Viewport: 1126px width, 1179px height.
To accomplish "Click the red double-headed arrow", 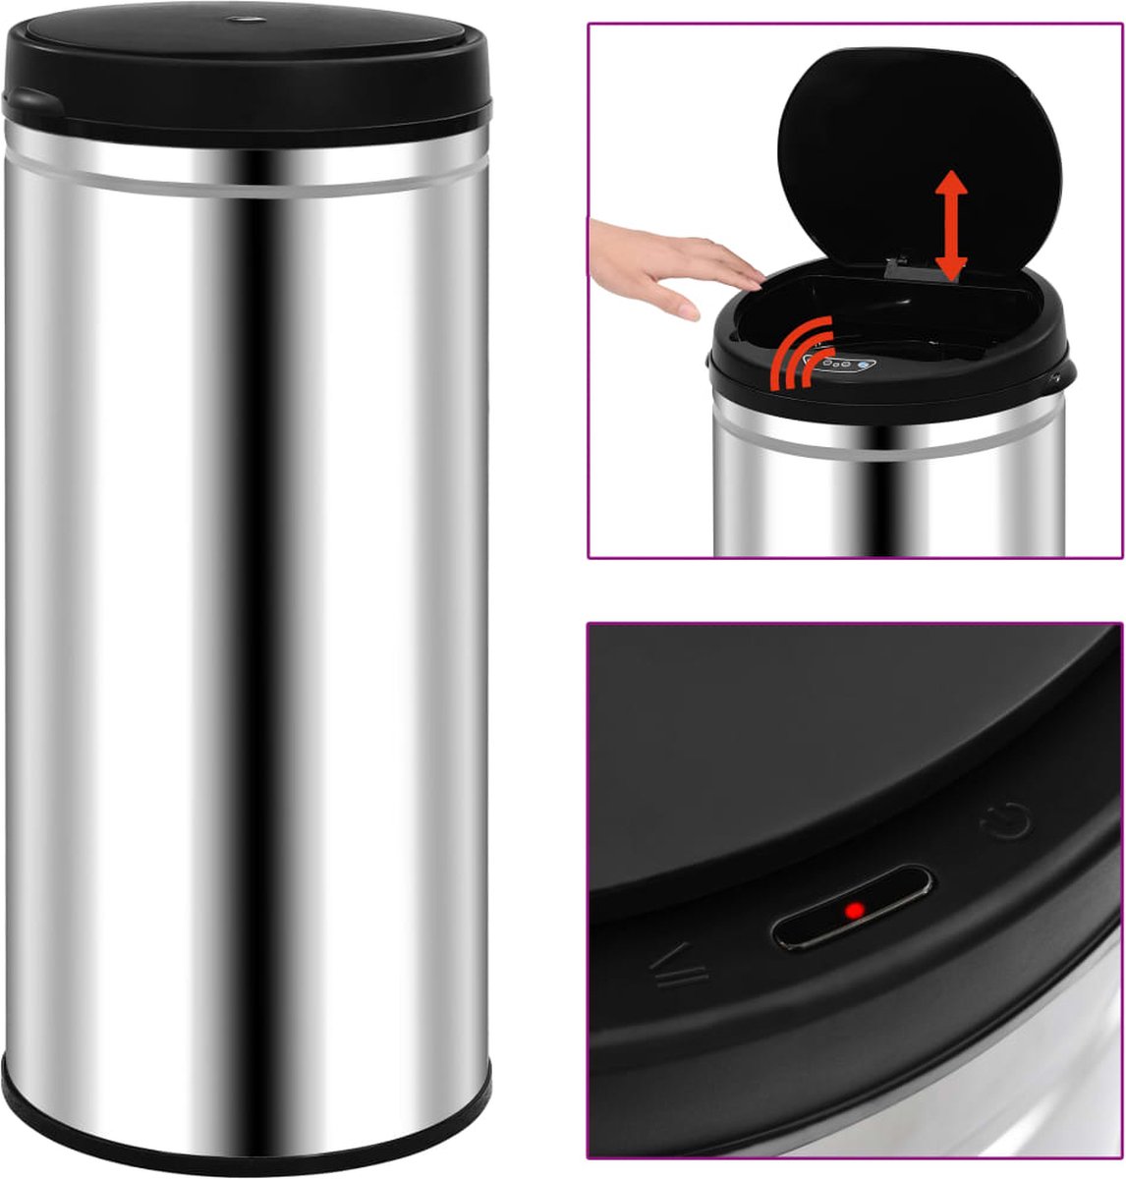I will [x=950, y=225].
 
